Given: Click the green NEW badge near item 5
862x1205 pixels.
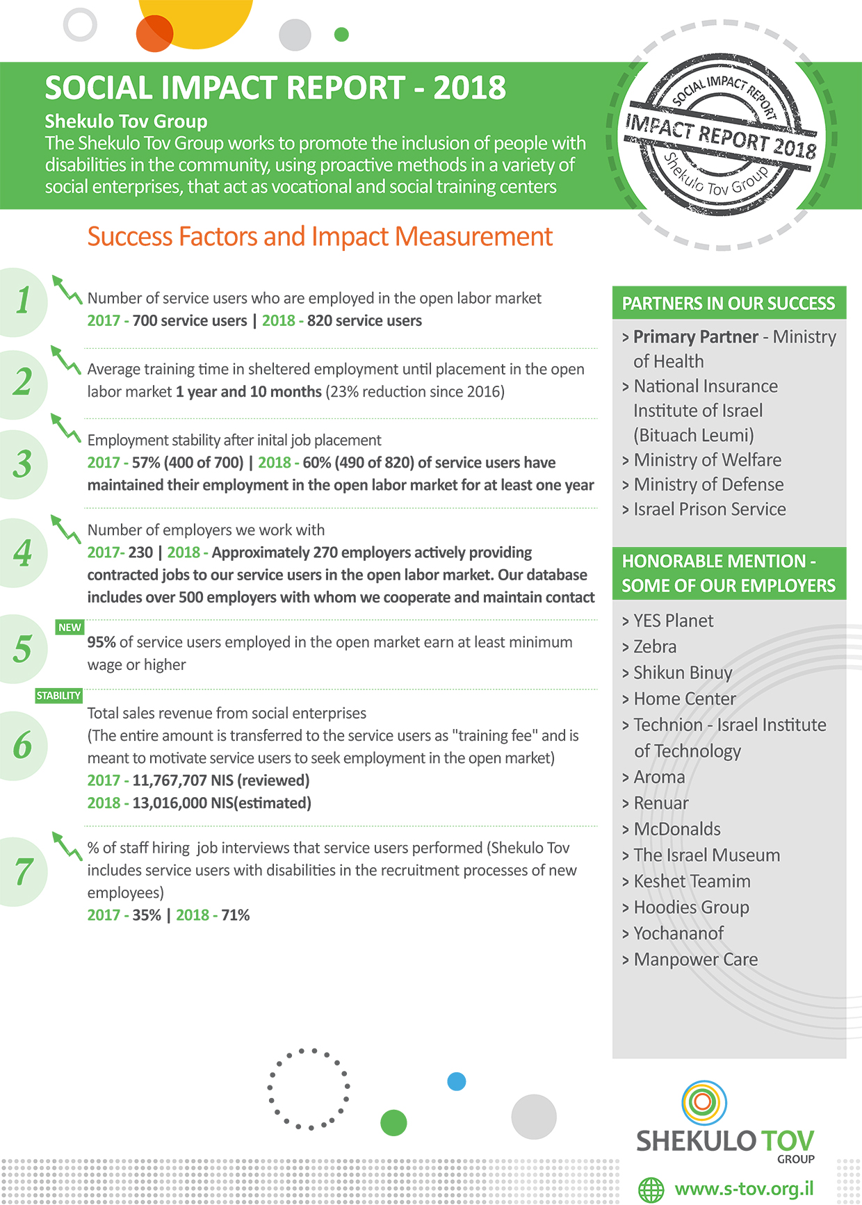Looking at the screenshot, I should pyautogui.click(x=70, y=627).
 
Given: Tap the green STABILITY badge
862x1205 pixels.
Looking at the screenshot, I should pyautogui.click(x=58, y=696).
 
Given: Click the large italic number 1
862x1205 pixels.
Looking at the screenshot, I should pyautogui.click(x=23, y=301).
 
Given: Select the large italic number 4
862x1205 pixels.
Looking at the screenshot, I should pyautogui.click(x=23, y=553).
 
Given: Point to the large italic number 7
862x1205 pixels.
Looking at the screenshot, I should pyautogui.click(x=23, y=871).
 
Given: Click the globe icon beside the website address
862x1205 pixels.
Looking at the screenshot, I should pyautogui.click(x=651, y=1190).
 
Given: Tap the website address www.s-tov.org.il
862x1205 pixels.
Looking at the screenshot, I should pyautogui.click(x=744, y=1188).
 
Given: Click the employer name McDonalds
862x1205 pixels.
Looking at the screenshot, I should pyautogui.click(x=677, y=829).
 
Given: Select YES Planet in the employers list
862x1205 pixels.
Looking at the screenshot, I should pyautogui.click(x=673, y=621).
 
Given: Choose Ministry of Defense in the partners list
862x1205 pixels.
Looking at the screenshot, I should pyautogui.click(x=708, y=484).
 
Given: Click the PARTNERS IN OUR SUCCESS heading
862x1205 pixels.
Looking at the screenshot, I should pyautogui.click(x=729, y=304).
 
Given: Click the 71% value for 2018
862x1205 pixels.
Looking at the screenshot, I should pyautogui.click(x=236, y=915).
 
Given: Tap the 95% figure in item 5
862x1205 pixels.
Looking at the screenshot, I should pyautogui.click(x=101, y=642).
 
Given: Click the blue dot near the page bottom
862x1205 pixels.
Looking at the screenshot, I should pyautogui.click(x=457, y=1081).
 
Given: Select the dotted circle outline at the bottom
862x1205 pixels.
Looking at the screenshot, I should pyautogui.click(x=309, y=1088).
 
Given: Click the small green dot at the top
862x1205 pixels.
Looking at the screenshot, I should pyautogui.click(x=341, y=34).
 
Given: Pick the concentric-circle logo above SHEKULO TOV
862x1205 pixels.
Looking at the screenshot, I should pyautogui.click(x=704, y=1102).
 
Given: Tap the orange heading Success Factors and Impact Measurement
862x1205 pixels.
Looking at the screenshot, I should pyautogui.click(x=320, y=237).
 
